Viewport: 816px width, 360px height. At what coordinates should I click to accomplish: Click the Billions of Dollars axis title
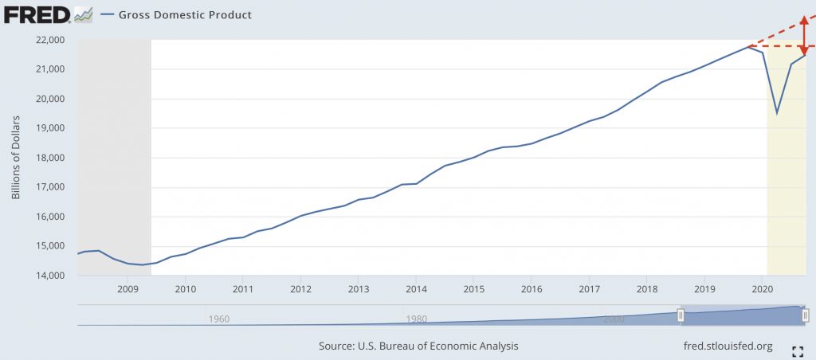[16, 158]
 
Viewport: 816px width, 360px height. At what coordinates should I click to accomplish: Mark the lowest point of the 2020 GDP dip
[777, 113]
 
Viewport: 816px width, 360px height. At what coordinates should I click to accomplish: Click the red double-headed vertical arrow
[802, 35]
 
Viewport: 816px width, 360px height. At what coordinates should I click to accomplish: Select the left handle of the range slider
[681, 315]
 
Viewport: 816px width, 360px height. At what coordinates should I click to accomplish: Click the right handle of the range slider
[806, 315]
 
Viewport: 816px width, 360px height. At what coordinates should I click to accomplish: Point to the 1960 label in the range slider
[218, 319]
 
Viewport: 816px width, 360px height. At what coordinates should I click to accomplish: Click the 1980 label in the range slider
[416, 319]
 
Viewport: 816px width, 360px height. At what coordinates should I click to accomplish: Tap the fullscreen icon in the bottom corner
[796, 350]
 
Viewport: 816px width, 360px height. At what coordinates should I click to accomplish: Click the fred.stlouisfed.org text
[728, 346]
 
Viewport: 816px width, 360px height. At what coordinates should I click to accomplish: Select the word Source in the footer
[337, 346]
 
